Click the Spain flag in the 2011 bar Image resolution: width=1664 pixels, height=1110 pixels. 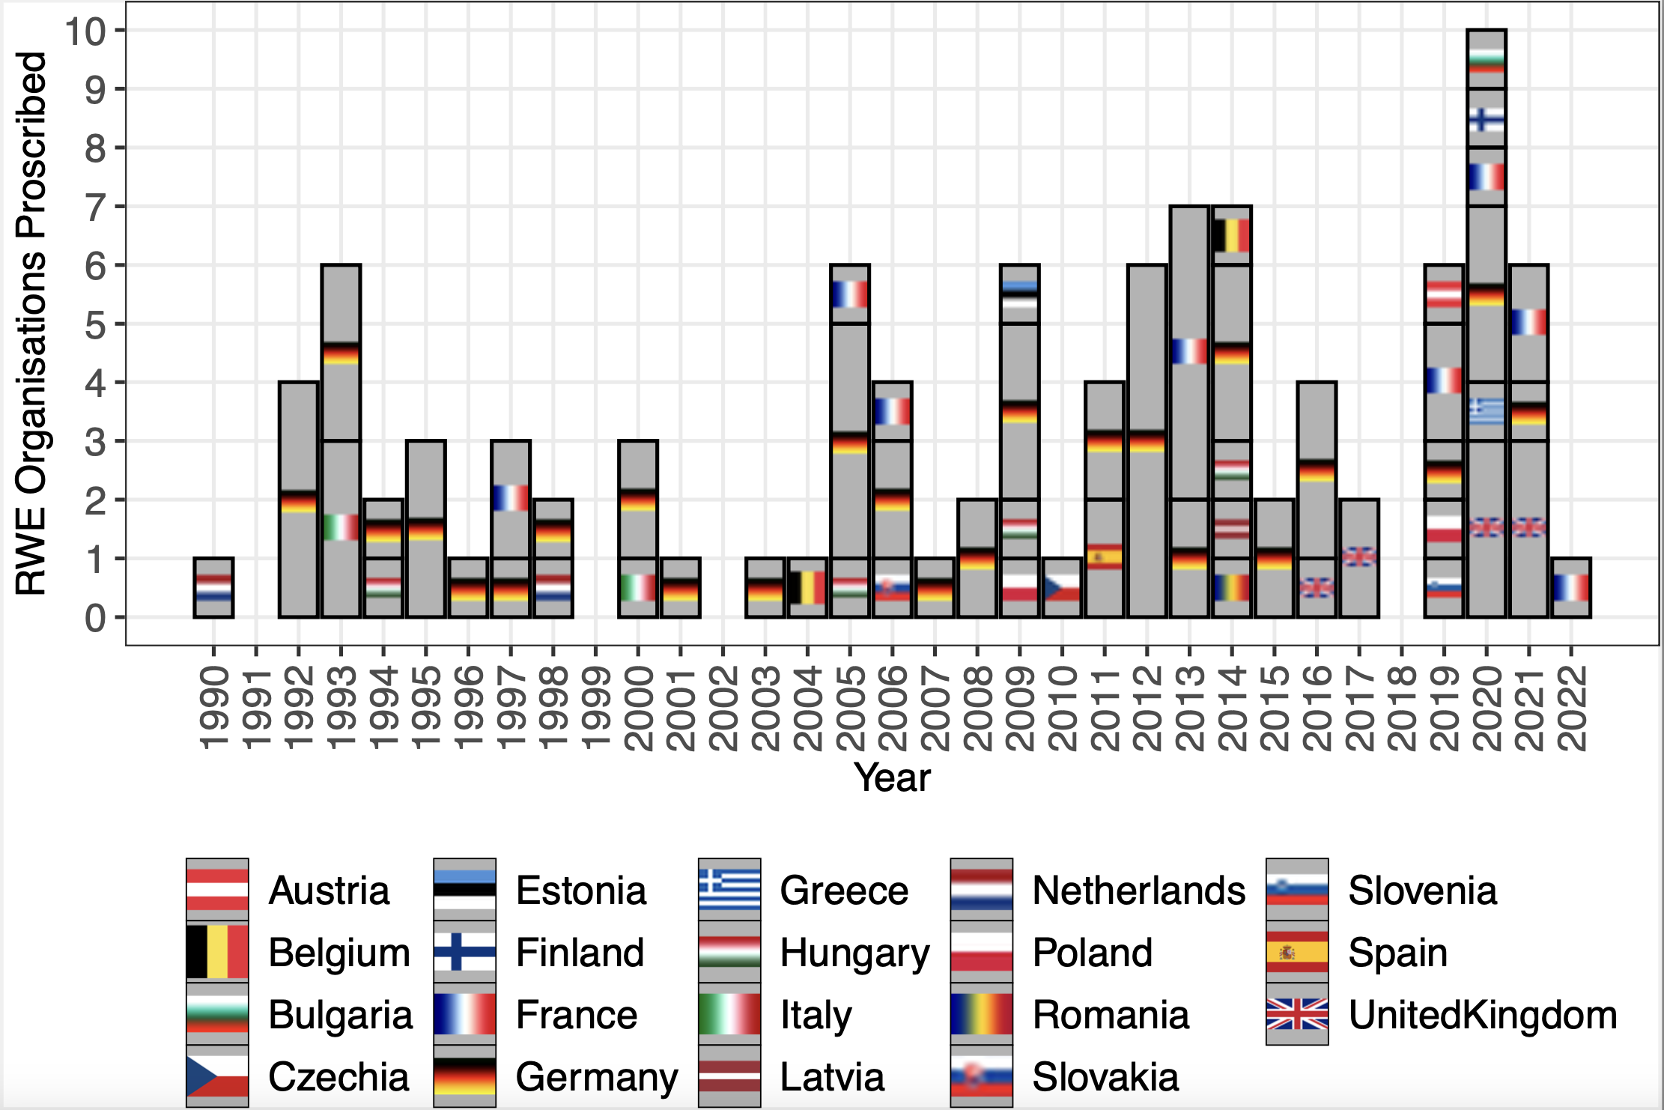tap(1104, 557)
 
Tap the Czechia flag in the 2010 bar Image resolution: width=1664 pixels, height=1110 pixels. tap(1062, 587)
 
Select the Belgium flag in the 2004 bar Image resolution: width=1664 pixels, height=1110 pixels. tap(807, 587)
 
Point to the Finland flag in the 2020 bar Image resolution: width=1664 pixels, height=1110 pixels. tap(1487, 119)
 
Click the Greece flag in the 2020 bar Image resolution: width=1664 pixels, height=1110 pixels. tap(1487, 411)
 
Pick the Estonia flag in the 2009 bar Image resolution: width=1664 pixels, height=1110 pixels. tap(1019, 295)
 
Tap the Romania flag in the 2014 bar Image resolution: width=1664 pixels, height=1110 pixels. tap(1232, 587)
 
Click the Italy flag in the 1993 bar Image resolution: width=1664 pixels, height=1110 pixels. tap(341, 527)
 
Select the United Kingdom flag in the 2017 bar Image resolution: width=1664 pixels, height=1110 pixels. tap(1359, 557)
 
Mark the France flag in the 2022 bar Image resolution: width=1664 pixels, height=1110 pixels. tap(1571, 587)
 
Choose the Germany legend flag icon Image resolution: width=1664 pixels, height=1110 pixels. tap(464, 1076)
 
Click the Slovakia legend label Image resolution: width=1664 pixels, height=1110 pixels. tap(1105, 1077)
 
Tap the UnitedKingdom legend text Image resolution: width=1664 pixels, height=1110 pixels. tap(1483, 1015)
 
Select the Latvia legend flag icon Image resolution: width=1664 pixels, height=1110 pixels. tap(729, 1076)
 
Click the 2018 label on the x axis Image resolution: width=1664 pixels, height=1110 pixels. tap(1402, 708)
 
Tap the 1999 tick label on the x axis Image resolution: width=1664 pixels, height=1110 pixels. tap(596, 708)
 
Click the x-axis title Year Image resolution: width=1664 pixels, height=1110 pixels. tap(892, 777)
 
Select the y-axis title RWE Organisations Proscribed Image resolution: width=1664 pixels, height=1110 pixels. tap(31, 324)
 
